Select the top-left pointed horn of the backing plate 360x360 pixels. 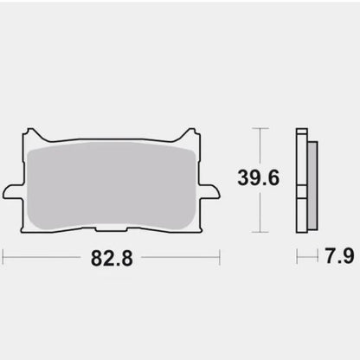click(x=32, y=134)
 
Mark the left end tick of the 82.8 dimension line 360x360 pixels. click(x=3, y=258)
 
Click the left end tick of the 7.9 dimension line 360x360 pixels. click(x=297, y=258)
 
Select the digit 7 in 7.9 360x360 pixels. click(x=326, y=258)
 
